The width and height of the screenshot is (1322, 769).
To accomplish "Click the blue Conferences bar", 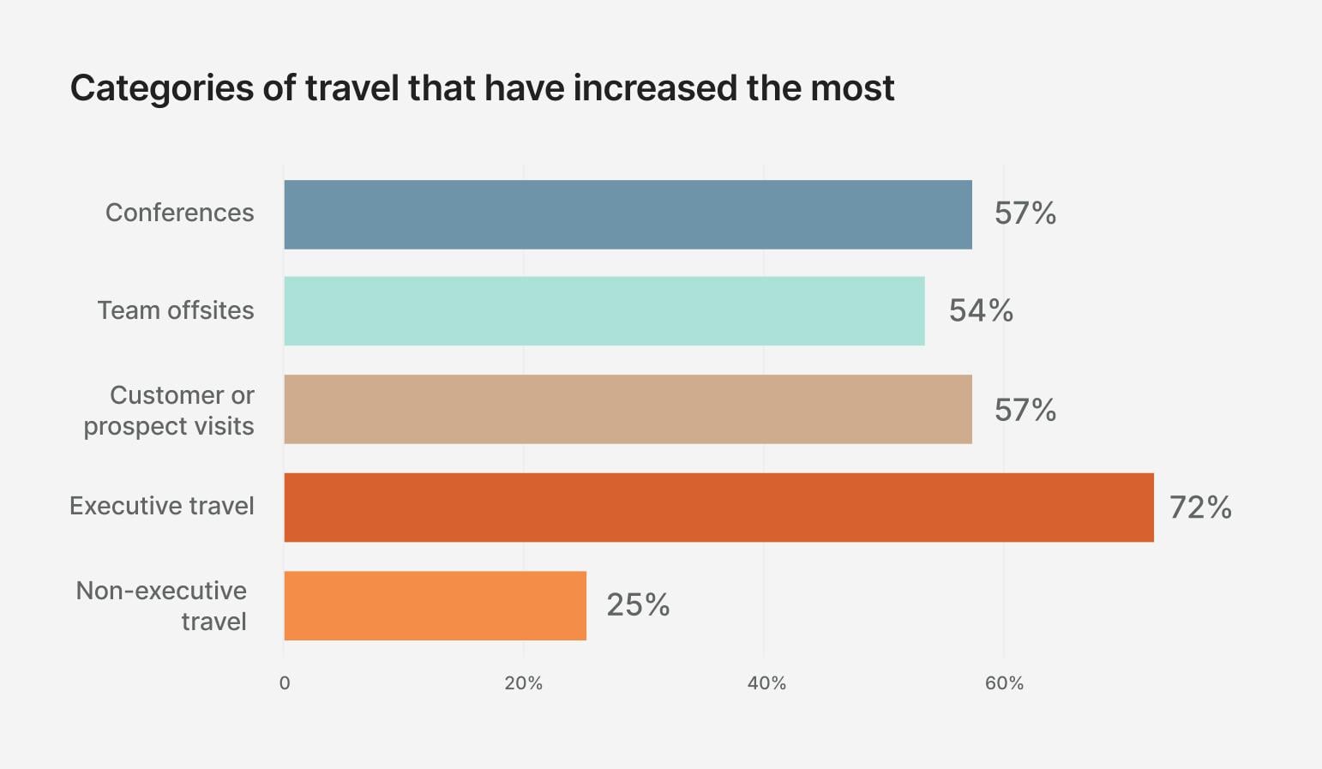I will pos(628,214).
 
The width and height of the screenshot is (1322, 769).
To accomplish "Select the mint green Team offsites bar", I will pos(604,310).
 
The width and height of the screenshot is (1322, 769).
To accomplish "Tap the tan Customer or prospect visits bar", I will pos(628,409).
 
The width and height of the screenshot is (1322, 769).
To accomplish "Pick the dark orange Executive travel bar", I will pos(718,507).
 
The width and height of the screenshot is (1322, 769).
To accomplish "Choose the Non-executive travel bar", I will pos(435,605).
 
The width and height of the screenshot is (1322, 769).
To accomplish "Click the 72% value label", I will pos(1200,508).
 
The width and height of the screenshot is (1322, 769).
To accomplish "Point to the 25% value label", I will pos(638,605).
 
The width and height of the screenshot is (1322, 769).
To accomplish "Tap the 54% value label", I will pos(981,310).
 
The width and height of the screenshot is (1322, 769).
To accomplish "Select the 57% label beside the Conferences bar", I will pos(1025,213).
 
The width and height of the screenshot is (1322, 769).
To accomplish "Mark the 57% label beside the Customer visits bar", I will pos(1025,410).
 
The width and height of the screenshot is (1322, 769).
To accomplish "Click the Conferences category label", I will pos(179,213).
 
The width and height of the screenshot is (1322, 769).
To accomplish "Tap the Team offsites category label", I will pos(175,310).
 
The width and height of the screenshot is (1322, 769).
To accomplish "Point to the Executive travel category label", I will pos(161,506).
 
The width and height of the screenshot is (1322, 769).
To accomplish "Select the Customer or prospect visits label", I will pos(169,411).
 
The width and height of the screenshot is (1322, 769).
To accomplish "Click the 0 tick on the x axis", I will pos(285,683).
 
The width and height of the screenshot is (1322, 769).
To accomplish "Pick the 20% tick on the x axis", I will pos(523,683).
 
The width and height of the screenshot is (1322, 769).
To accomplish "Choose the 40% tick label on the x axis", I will pos(766,683).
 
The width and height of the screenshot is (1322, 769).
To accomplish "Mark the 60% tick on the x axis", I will pos(1004,683).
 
